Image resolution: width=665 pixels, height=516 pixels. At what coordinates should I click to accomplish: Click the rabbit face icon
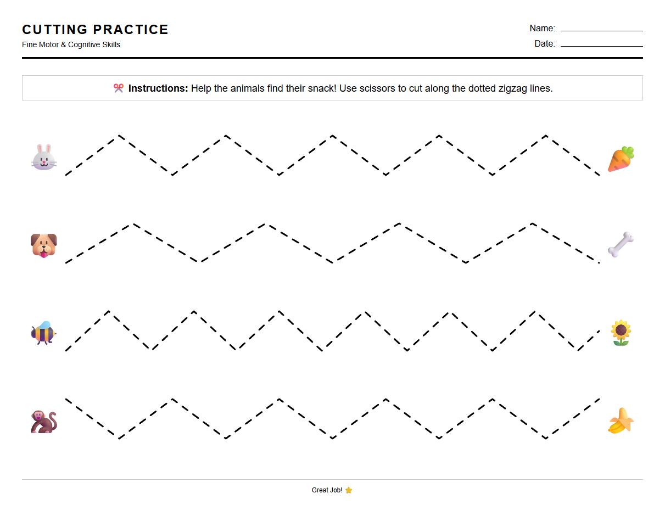click(44, 157)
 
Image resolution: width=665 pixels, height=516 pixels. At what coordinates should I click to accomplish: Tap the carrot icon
click(621, 159)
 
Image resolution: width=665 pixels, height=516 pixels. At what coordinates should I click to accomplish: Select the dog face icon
click(44, 245)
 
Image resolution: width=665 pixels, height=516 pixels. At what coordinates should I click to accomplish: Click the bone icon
click(621, 245)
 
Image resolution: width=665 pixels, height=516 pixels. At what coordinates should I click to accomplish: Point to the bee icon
click(43, 333)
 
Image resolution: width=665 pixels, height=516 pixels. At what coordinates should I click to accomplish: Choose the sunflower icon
click(621, 333)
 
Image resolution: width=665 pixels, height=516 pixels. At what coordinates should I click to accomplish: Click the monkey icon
click(44, 422)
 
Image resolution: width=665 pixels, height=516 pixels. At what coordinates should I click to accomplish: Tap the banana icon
click(621, 421)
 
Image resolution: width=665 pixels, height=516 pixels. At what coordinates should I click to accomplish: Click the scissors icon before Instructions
click(119, 88)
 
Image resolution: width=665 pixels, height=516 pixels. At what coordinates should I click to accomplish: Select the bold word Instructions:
click(158, 88)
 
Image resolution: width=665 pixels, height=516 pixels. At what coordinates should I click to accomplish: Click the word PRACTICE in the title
click(131, 30)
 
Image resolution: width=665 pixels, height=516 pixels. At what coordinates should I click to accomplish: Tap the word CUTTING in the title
click(55, 30)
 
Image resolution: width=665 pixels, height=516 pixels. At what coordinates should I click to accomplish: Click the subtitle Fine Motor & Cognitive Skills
click(71, 44)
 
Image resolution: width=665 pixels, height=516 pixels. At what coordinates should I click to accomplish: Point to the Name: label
click(542, 29)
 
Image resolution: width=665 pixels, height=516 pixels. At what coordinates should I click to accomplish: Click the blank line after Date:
click(601, 46)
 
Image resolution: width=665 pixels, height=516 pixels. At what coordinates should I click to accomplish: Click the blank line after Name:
click(601, 30)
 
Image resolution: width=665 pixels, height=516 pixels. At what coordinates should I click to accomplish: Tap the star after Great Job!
click(349, 490)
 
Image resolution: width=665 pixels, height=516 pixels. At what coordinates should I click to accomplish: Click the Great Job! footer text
click(327, 490)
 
